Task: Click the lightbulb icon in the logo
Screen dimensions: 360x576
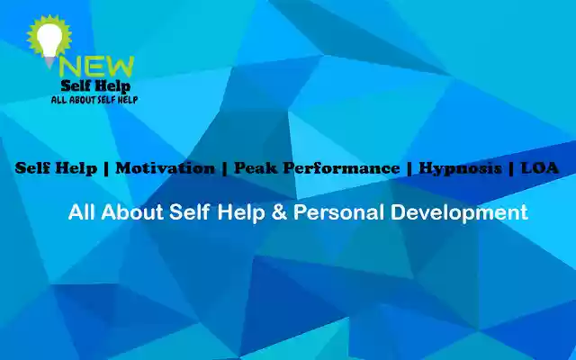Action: point(45,39)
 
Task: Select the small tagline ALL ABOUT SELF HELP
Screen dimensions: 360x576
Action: point(94,100)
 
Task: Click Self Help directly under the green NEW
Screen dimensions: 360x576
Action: point(94,85)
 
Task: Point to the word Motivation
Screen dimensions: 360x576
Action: point(166,168)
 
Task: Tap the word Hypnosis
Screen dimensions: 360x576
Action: point(460,168)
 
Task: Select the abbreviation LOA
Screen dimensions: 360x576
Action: point(540,168)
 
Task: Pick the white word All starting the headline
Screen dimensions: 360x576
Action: point(82,213)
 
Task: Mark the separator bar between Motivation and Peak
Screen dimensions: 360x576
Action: point(224,168)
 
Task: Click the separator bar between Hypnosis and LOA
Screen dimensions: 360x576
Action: point(511,168)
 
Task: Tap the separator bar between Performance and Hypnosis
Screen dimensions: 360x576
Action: point(409,168)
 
